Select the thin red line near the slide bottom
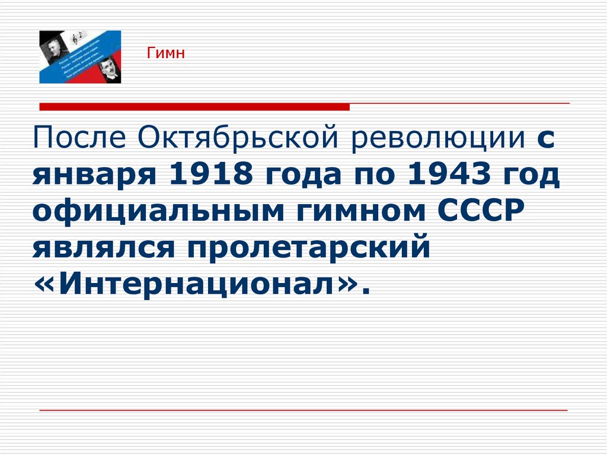click(303, 410)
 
